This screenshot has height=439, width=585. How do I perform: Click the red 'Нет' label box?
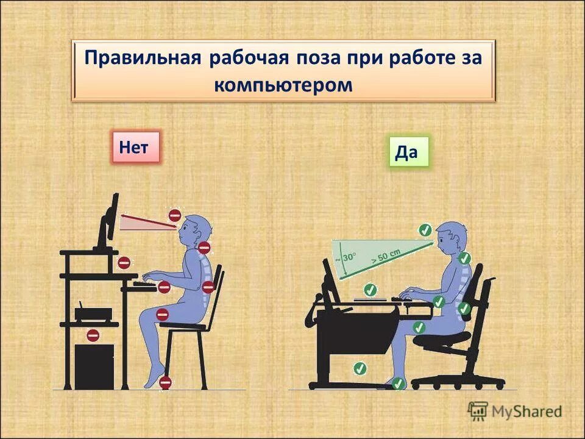[135, 147]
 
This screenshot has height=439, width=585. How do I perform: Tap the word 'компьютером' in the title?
[283, 85]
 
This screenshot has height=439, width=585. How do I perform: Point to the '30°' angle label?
[348, 257]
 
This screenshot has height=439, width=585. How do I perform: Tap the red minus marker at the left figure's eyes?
[175, 215]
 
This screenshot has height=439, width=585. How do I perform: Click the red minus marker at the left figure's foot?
[165, 383]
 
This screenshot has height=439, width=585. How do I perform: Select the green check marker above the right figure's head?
[425, 230]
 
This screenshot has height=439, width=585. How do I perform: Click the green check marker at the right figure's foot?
[398, 384]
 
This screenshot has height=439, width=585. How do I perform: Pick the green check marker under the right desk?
[360, 368]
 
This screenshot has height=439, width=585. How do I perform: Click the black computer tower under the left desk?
[94, 366]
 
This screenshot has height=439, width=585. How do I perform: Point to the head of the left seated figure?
[197, 230]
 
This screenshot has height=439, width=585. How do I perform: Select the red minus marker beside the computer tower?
[93, 335]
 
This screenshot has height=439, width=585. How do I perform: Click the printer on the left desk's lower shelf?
[93, 313]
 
